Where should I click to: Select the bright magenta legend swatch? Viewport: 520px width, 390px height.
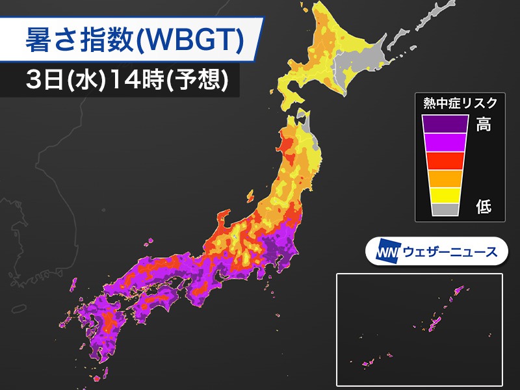tap(445, 142)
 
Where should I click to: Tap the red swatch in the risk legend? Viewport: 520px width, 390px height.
tap(445, 160)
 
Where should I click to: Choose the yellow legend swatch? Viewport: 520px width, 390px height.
tap(445, 194)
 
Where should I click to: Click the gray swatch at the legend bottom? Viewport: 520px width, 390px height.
tap(445, 209)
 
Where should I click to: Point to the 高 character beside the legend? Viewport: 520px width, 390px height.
tap(483, 125)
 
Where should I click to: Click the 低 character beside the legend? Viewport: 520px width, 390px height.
tap(483, 207)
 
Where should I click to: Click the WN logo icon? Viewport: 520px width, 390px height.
tap(386, 251)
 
